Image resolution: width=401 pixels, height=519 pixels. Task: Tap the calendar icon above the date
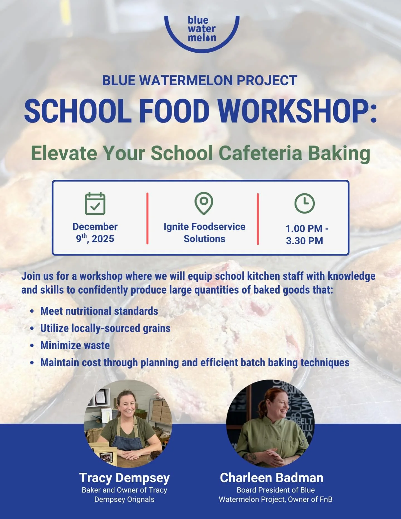coord(95,204)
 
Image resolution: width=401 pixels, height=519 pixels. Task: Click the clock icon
coord(304,203)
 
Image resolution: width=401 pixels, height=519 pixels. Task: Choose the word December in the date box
coord(95,226)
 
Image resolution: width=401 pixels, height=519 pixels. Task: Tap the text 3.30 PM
coord(304,241)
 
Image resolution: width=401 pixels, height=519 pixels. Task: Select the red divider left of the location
coord(147,219)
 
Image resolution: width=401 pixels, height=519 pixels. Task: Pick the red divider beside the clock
coord(258,219)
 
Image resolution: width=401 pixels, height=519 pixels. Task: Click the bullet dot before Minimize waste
coord(32,346)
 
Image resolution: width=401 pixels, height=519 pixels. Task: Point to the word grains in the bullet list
coord(157,328)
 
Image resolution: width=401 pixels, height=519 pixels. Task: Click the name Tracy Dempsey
coord(124,478)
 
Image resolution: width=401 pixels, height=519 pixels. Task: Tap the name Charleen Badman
coord(272,478)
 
